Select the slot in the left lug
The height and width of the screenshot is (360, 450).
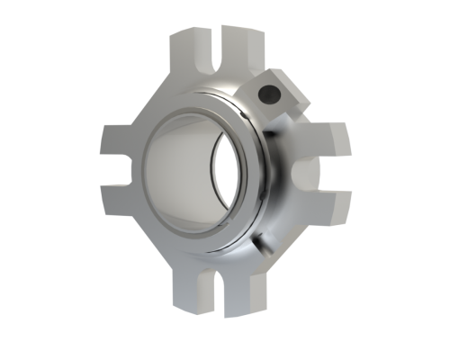point(120,173)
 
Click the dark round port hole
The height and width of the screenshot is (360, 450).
point(267,94)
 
